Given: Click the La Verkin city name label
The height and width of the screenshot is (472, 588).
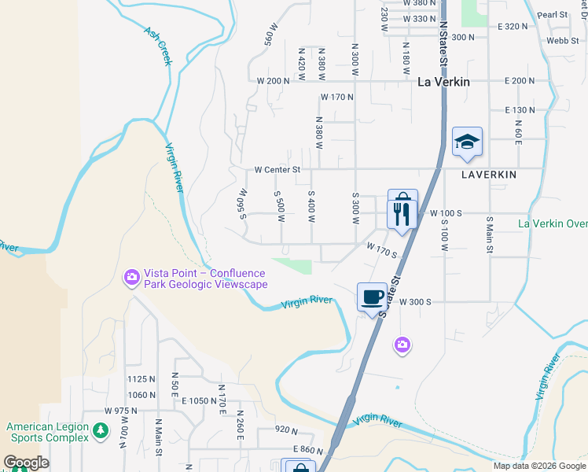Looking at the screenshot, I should point(443,80).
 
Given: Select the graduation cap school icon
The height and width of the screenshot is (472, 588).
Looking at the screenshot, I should point(467,142).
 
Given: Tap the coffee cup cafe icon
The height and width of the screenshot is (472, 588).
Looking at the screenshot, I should point(373,297).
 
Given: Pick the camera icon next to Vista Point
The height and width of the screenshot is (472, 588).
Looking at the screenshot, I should point(130,276).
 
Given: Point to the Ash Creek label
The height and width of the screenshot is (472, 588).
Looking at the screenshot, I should point(157,46).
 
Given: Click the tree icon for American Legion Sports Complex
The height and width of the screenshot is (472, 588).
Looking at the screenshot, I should point(100,430).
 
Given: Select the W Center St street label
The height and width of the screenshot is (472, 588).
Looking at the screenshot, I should point(277,169).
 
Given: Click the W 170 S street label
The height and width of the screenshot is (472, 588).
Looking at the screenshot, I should point(382,250).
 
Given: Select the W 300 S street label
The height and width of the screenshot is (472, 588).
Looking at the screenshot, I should point(417,301).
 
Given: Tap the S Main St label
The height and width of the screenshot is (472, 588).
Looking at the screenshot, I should point(489,235).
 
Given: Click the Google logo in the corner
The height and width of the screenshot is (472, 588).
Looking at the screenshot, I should point(26,463).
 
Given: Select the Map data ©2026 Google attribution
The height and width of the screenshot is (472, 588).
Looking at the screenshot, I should point(538,466).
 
